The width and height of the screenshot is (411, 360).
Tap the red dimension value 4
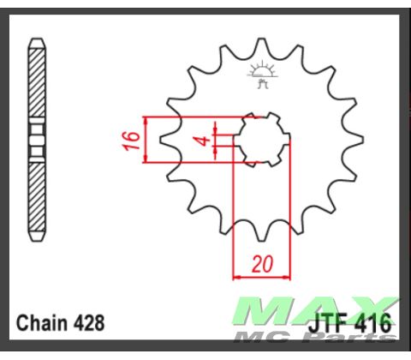[203, 139]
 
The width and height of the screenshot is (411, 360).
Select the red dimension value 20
[261, 264]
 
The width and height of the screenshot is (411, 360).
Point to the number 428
[90, 324]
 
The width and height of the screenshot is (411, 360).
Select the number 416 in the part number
[375, 325]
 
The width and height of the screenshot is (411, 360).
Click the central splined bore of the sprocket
[262, 139]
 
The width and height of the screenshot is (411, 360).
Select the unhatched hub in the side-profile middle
[37, 140]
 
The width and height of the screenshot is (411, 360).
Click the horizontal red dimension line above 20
[261, 277]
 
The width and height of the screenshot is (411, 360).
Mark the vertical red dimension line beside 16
[147, 139]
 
